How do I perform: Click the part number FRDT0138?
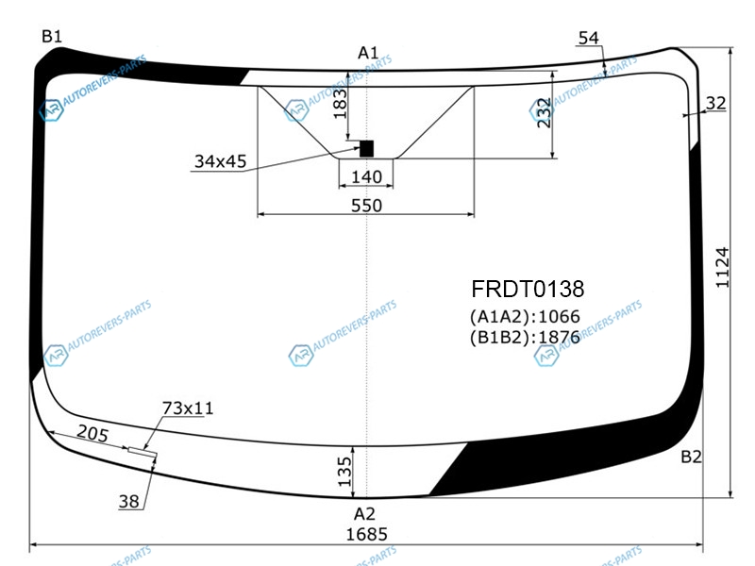(x=528, y=289)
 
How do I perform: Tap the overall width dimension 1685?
(x=366, y=534)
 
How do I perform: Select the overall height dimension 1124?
(x=722, y=268)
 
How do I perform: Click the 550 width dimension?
(x=366, y=206)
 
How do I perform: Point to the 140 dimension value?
(x=366, y=176)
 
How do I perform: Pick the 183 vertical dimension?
(x=340, y=104)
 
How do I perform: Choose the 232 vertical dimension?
(x=544, y=112)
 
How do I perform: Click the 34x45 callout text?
(x=220, y=161)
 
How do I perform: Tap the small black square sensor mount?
(x=366, y=149)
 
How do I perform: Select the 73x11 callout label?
(x=188, y=408)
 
